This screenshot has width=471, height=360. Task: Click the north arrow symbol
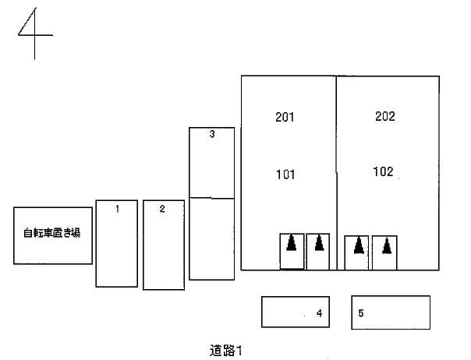tap(34, 34)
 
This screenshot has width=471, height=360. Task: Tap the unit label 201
tap(285, 117)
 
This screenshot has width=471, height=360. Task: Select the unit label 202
tap(384, 116)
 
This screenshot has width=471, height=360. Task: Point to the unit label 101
tap(285, 175)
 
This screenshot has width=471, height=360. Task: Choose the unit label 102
tap(383, 171)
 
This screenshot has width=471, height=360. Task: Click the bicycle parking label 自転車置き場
tap(52, 233)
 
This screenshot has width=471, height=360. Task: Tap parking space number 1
tap(118, 209)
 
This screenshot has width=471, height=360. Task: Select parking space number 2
tap(162, 209)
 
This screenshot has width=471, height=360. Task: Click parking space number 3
tap(212, 134)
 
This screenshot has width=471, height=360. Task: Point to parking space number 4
tap(319, 313)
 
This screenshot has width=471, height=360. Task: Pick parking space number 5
tap(361, 313)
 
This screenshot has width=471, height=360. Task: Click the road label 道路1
tap(225, 351)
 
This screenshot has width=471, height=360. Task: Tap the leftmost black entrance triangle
tap(291, 243)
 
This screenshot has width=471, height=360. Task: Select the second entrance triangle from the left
tap(319, 243)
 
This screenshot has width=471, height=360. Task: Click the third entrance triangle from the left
tap(359, 245)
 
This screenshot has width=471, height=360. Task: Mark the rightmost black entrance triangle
tap(387, 245)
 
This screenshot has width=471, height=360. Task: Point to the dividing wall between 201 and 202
tap(336, 173)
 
